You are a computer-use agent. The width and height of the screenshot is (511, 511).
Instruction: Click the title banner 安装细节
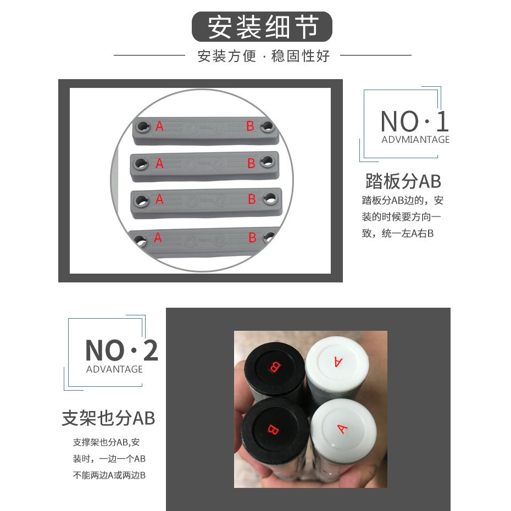(x=262, y=27)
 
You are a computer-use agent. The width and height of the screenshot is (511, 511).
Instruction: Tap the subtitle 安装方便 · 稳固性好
(x=264, y=56)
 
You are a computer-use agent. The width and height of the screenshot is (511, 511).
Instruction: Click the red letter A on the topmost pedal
(x=159, y=126)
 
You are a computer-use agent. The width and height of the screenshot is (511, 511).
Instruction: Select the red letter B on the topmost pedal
(x=250, y=126)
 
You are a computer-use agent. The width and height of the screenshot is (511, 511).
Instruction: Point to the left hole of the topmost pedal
(x=143, y=126)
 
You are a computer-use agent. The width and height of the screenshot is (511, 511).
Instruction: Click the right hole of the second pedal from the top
(x=267, y=160)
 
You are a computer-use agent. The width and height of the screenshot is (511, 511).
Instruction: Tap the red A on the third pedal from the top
(x=159, y=199)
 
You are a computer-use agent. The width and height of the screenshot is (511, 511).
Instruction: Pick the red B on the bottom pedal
(x=252, y=237)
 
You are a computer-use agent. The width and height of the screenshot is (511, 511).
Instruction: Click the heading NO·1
(x=414, y=121)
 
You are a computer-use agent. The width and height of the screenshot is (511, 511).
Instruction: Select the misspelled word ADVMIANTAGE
(x=415, y=140)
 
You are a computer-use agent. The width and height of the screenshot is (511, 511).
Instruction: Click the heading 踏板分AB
(x=403, y=181)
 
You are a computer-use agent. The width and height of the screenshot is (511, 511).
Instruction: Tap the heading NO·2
(x=121, y=351)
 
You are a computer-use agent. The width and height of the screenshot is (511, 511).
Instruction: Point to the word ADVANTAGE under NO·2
(x=114, y=369)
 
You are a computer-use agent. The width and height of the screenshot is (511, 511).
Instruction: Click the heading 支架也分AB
(x=108, y=418)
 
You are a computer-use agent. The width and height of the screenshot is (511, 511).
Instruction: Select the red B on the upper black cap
(x=274, y=366)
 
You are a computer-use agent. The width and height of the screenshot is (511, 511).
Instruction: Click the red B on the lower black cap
(x=273, y=429)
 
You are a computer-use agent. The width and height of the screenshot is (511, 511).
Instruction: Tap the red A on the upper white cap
(x=338, y=362)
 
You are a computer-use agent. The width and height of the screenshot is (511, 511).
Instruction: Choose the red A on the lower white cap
(x=342, y=429)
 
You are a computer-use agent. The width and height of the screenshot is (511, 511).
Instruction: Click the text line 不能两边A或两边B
(x=109, y=475)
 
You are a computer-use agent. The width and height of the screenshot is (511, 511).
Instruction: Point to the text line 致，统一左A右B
(x=398, y=234)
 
